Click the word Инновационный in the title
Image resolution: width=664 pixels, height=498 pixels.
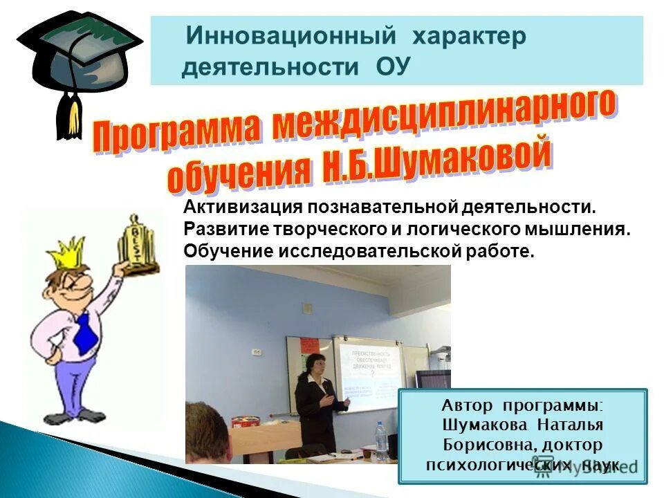click(291, 35)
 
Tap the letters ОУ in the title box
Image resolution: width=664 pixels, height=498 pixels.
click(393, 67)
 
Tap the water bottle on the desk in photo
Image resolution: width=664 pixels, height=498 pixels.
click(380, 440)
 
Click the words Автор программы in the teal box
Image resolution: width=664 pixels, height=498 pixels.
click(522, 406)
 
